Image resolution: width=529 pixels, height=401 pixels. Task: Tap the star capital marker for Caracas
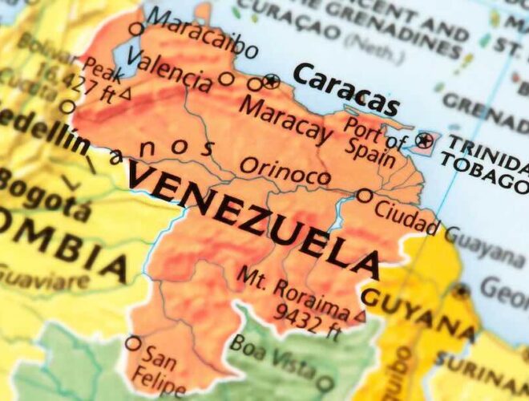click(x=271, y=81)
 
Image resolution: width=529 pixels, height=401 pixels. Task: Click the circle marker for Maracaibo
click(x=136, y=30)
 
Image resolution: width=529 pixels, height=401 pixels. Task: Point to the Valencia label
click(x=168, y=69)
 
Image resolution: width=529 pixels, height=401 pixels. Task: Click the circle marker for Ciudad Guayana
click(x=365, y=195)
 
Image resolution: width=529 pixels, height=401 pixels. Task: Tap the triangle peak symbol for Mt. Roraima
click(x=360, y=316)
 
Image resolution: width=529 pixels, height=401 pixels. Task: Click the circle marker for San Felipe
click(x=133, y=343)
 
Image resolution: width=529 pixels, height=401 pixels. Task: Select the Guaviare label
click(x=44, y=278)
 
